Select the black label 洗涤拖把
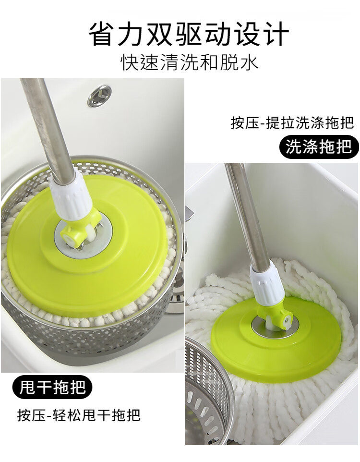coord(318,146)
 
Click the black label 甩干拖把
coord(52,387)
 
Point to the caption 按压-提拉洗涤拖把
coord(292,122)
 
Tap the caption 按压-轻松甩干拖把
coord(79,415)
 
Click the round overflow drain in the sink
coord(99,95)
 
